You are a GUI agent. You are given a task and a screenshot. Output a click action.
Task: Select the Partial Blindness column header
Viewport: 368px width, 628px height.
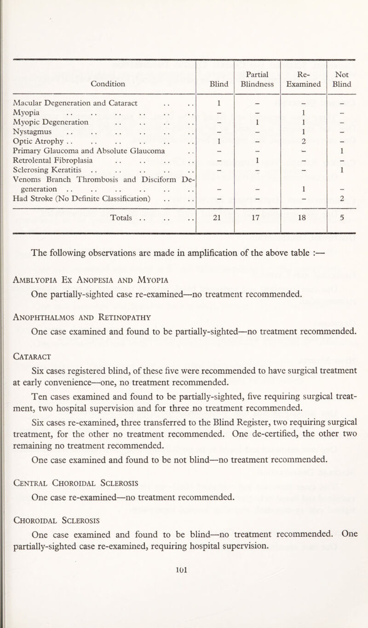(257, 79)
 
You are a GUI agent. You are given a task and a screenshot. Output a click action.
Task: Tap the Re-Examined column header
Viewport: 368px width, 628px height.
(303, 79)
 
